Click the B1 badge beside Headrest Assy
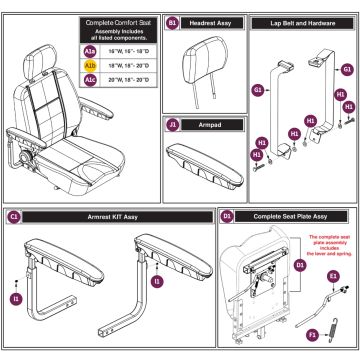click(x=172, y=20)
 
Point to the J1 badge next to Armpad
click(x=172, y=125)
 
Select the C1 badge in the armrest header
click(x=13, y=216)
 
